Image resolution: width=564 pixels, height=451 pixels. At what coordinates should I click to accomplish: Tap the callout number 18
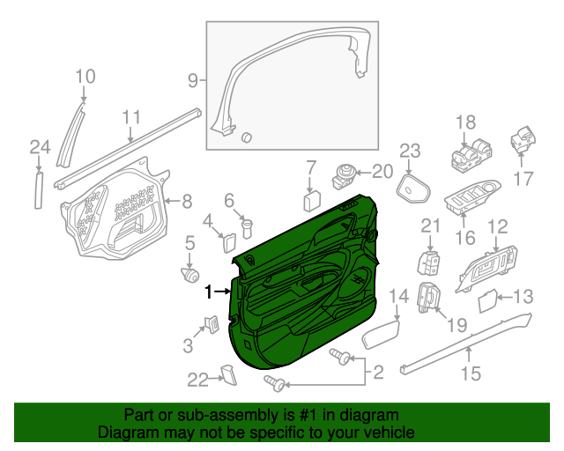coord(464,122)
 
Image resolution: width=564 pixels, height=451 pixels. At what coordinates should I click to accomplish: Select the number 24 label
coord(39,146)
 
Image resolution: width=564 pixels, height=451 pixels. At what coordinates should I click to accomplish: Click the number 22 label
coord(197,380)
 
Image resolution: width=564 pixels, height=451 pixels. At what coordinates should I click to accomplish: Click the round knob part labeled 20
coord(343,173)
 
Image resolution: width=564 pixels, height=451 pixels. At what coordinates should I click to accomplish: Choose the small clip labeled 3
coord(211,323)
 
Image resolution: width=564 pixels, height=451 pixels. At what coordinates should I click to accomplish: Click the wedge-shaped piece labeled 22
coord(229,376)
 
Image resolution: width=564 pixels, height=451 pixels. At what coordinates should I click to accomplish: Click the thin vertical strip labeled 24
coord(37,189)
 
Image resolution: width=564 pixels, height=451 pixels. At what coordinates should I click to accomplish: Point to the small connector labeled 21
coord(429,262)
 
